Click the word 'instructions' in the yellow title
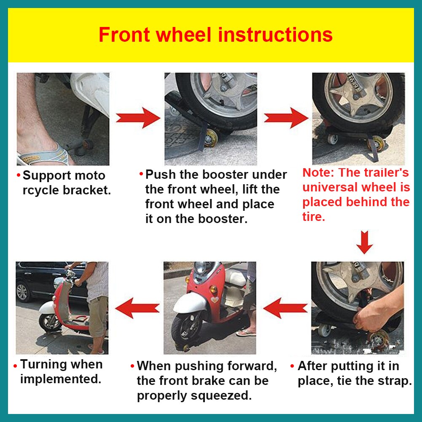point(275,35)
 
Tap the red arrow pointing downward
point(364,242)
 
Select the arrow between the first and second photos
point(137,118)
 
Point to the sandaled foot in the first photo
point(42,152)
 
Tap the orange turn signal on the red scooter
point(213,290)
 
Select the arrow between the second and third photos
point(285,118)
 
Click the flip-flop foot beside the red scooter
point(246,333)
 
